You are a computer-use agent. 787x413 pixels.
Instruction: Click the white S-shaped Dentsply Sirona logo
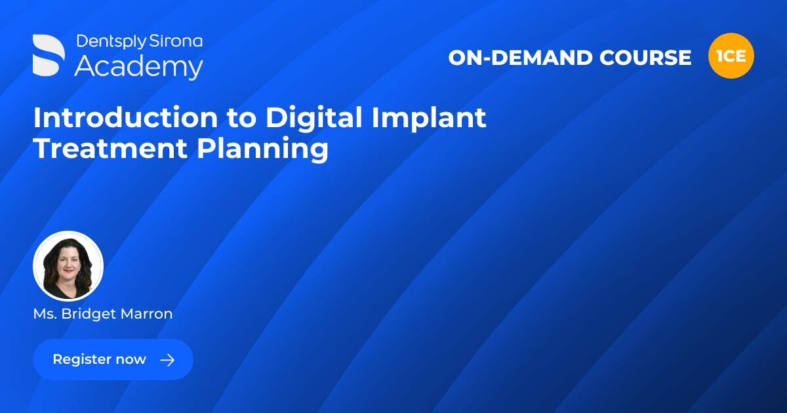[x=49, y=55]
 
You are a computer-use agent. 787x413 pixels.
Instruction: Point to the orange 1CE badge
[x=731, y=56]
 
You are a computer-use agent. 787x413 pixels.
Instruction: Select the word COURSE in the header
[x=645, y=58]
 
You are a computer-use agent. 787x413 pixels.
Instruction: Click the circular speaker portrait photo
[x=68, y=266]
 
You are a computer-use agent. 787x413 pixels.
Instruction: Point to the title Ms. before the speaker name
[x=45, y=314]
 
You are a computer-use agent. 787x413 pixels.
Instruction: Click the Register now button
[x=113, y=359]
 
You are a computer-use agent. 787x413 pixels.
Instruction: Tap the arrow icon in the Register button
[x=167, y=359]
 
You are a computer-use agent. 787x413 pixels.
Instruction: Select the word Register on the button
[x=81, y=359]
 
